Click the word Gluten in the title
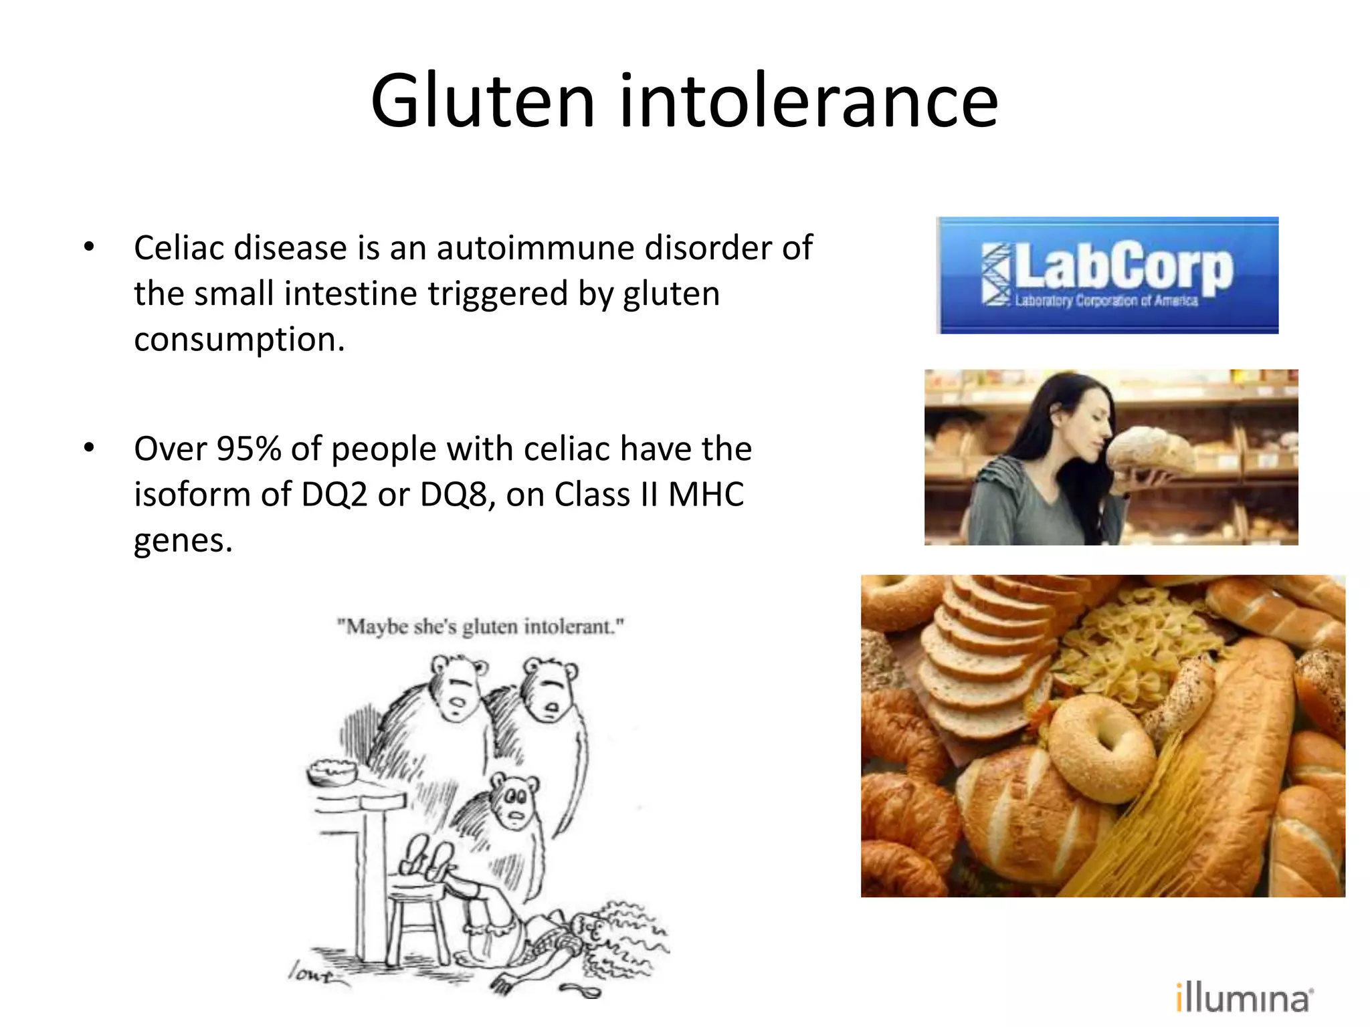coord(483,102)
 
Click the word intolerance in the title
coord(809,102)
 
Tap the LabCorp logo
coord(1107,275)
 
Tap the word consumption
coord(239,340)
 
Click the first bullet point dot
coord(89,247)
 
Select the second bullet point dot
coord(89,448)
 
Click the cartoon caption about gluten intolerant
coord(480,627)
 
